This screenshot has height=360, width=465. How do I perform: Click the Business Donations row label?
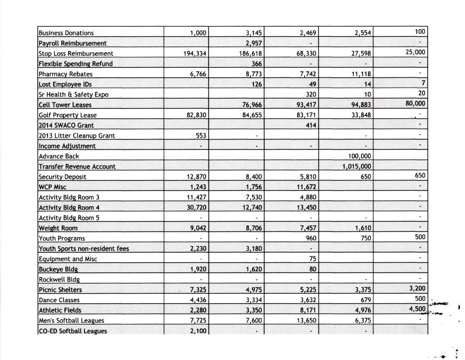click(x=66, y=33)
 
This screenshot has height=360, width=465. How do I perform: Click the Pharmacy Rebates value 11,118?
click(x=361, y=74)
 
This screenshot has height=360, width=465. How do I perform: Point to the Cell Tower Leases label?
click(x=65, y=105)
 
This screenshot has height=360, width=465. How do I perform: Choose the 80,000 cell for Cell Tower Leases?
click(x=414, y=104)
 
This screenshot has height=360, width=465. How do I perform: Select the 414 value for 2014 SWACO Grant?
click(x=311, y=125)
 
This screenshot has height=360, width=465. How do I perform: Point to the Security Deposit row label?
click(x=63, y=177)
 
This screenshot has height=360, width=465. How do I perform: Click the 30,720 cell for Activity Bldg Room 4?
click(x=197, y=208)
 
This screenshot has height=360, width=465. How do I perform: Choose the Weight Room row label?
click(x=58, y=228)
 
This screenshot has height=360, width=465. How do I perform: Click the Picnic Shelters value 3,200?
click(x=417, y=289)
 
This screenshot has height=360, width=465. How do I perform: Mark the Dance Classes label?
click(x=59, y=300)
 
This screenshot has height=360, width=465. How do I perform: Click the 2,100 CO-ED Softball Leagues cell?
click(x=198, y=331)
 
